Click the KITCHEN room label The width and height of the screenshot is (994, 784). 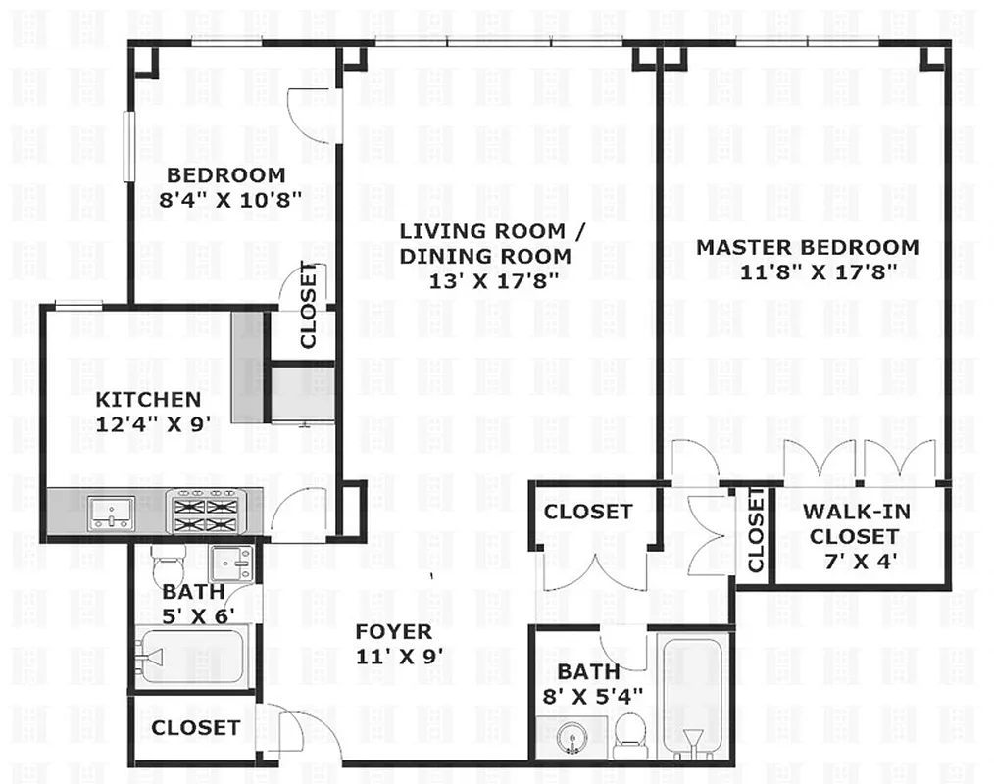click(x=148, y=400)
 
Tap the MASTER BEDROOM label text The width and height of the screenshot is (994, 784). click(x=807, y=247)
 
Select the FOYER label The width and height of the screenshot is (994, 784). click(x=392, y=632)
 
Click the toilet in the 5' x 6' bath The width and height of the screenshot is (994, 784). click(x=167, y=563)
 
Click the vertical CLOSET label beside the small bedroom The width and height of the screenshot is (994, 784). click(x=309, y=306)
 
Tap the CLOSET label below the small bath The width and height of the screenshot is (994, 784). click(x=195, y=728)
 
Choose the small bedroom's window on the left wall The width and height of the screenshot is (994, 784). click(x=127, y=146)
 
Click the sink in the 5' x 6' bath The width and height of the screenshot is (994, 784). click(x=231, y=563)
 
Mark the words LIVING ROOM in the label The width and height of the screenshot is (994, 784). click(x=482, y=232)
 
